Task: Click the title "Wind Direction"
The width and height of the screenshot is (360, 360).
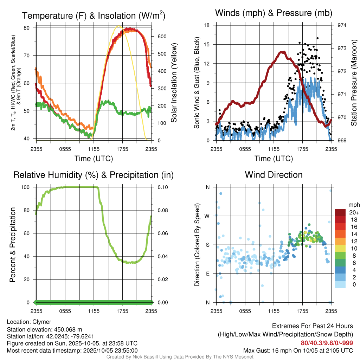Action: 274,175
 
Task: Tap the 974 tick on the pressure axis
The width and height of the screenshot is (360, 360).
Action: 342,25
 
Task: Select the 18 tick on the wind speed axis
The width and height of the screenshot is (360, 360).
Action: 207,25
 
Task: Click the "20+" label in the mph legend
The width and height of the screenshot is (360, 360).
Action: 354,212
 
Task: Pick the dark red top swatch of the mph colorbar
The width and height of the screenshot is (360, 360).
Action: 340,212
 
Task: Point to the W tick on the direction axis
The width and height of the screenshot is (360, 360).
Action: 207,216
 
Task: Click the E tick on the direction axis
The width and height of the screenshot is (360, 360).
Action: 208,274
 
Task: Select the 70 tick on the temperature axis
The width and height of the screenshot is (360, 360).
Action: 30,56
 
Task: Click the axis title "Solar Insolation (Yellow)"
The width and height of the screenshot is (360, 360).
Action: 174,83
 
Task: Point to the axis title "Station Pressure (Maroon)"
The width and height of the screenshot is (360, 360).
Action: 354,83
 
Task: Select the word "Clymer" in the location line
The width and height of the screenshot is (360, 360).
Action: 42,322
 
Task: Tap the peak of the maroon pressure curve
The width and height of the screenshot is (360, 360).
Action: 282,52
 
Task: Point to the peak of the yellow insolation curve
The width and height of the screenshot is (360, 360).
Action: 119,26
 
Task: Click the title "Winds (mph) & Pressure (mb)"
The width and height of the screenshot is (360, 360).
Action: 274,13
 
